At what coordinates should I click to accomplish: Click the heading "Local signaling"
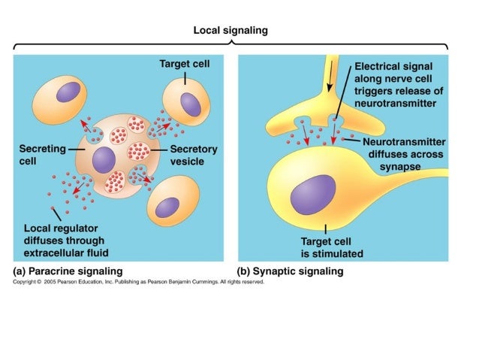[230, 31]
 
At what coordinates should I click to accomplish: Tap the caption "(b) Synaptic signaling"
[290, 271]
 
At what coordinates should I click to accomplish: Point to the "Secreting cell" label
[42, 155]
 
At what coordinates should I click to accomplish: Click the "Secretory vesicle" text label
[193, 155]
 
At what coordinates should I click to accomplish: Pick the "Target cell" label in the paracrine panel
[184, 65]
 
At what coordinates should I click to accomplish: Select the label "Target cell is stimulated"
[327, 247]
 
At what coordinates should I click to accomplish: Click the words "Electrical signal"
[394, 66]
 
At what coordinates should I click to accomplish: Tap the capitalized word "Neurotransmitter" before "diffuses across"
[404, 141]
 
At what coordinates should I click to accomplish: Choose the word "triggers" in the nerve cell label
[375, 91]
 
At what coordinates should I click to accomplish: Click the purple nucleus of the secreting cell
[103, 160]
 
